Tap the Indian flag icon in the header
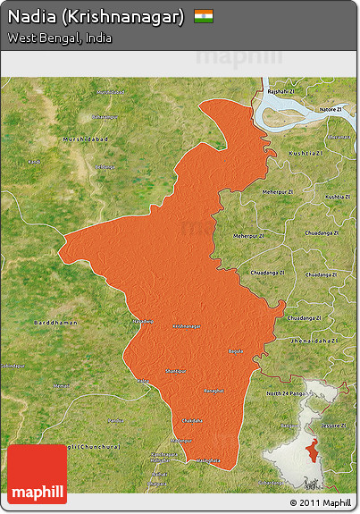click(x=204, y=16)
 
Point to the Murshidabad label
click(x=84, y=139)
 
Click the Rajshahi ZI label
click(x=280, y=91)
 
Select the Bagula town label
click(x=235, y=351)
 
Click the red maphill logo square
click(x=37, y=475)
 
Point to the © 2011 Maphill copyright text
click(x=321, y=502)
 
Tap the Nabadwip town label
click(x=143, y=321)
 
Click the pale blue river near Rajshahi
click(x=295, y=112)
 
